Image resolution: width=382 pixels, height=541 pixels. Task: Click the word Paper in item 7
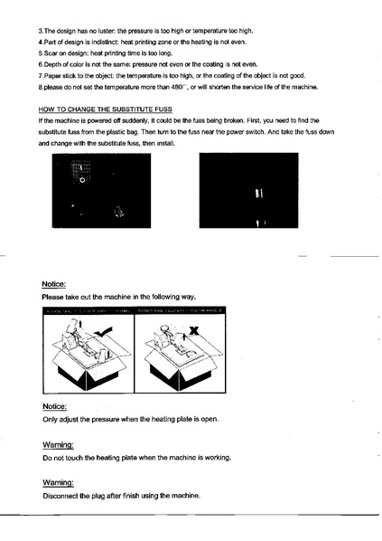tap(57, 76)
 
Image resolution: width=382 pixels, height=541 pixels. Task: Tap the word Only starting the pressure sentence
tap(51, 420)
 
